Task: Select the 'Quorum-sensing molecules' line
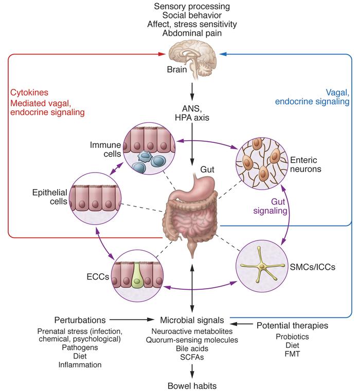[192, 340]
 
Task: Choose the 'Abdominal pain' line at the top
[192, 34]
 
